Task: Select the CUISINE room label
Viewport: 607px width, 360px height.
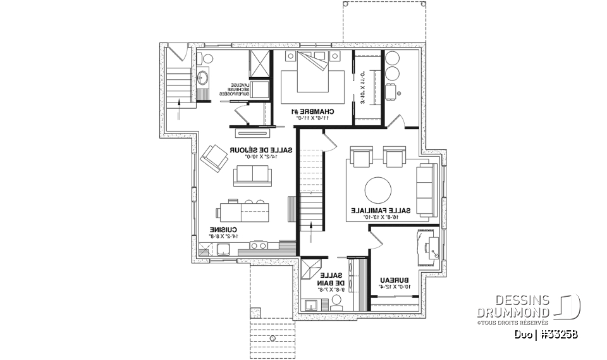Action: click(224, 232)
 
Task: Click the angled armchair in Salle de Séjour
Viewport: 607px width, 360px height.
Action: click(212, 158)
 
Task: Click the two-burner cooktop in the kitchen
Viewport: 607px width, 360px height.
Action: click(259, 245)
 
